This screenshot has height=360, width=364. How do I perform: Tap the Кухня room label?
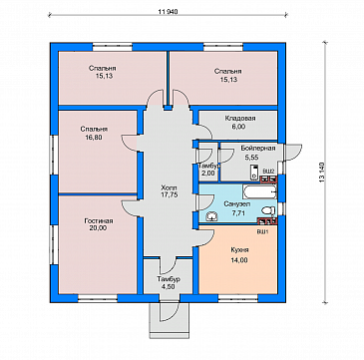239,250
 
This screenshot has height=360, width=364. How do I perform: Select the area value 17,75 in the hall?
168,195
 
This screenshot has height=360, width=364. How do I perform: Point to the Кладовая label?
240,119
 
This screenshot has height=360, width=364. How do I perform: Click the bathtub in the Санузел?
259,191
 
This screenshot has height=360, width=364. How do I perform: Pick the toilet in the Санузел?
268,210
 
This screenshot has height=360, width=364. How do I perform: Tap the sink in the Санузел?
211,217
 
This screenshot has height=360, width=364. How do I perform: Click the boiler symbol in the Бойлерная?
255,172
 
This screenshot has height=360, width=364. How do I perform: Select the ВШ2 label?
268,171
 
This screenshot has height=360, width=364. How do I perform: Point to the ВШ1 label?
262,231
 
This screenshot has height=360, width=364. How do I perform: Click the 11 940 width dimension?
169,12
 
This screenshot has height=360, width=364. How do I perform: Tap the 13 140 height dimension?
323,173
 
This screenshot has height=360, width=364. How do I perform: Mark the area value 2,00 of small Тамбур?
207,173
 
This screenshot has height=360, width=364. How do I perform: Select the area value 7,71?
238,213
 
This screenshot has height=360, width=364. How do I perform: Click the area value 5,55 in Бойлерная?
251,157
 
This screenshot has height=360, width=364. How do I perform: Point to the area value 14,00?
239,260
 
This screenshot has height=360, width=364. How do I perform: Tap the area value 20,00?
98,228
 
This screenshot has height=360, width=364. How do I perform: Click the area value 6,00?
240,127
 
